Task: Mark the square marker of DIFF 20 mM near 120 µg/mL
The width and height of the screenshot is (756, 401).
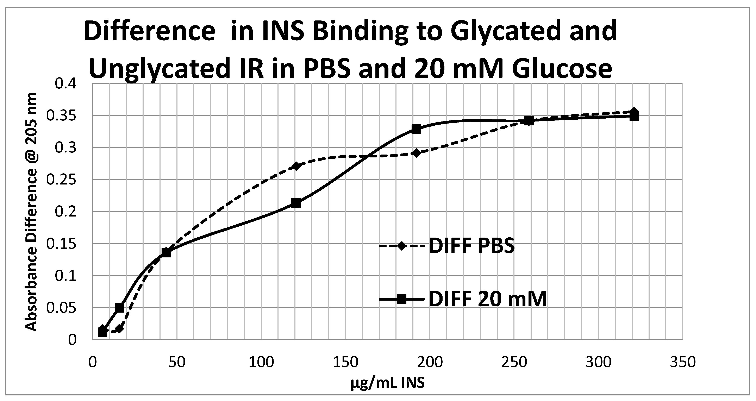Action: [x=296, y=203]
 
